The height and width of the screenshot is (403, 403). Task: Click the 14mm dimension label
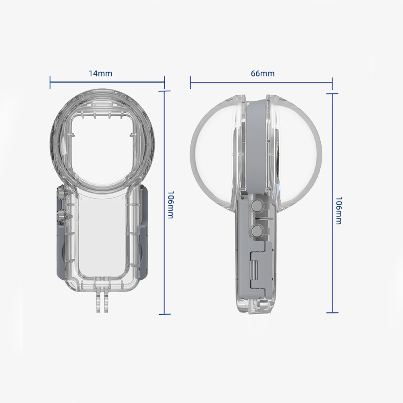(100, 74)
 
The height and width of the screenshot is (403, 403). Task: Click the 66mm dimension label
(262, 74)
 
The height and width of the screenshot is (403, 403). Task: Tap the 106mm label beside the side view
(338, 210)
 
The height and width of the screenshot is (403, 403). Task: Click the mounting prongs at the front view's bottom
(100, 306)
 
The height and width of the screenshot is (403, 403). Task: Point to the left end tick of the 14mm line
(50, 82)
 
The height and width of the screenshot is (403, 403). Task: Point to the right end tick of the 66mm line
(332, 83)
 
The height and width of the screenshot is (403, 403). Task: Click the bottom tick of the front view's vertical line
(164, 314)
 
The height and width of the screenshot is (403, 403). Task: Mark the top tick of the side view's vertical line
(332, 94)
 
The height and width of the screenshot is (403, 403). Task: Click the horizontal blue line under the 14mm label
(107, 82)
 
